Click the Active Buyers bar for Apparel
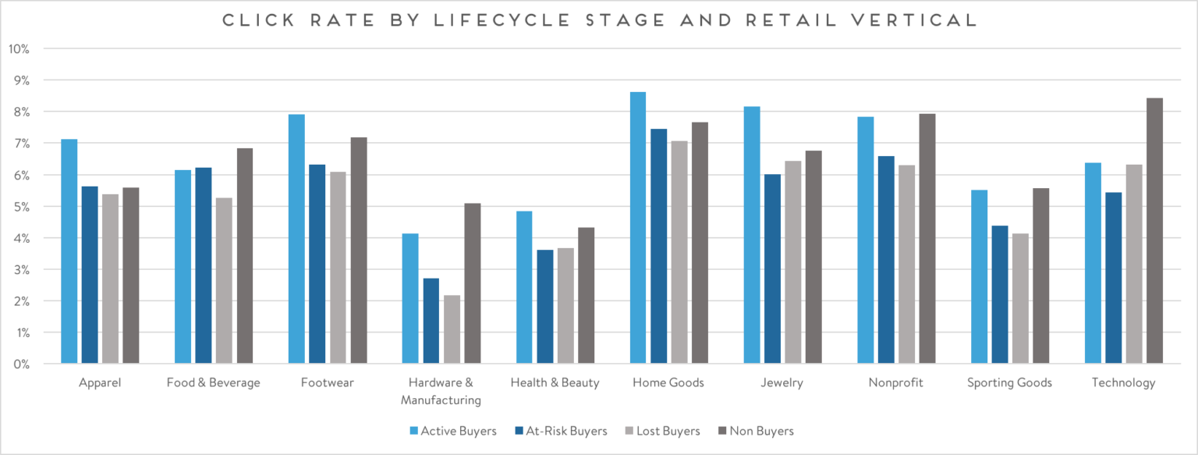(x=69, y=251)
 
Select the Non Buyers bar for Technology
(x=1154, y=231)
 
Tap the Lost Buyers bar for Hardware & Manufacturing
(x=452, y=329)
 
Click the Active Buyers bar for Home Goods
(x=638, y=228)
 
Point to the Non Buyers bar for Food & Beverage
(x=245, y=256)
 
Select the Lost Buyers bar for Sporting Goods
(x=1020, y=298)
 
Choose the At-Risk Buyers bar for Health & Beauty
(x=544, y=307)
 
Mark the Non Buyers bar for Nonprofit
(x=927, y=239)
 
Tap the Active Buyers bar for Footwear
(x=296, y=239)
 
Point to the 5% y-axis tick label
(x=21, y=207)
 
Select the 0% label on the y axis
(x=21, y=364)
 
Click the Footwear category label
(x=327, y=383)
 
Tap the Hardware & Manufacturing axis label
(x=440, y=392)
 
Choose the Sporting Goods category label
(x=1009, y=383)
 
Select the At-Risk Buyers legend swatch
(x=519, y=431)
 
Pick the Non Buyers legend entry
(x=760, y=431)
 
